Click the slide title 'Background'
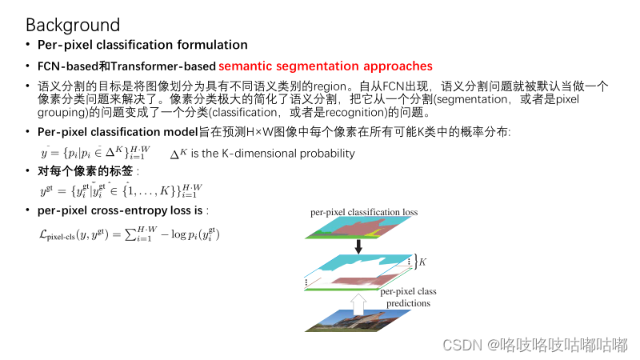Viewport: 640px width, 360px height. click(x=73, y=26)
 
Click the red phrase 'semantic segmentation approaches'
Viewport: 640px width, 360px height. click(x=325, y=66)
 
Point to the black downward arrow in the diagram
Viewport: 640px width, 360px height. click(x=358, y=246)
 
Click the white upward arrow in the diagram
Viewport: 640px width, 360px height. click(x=358, y=300)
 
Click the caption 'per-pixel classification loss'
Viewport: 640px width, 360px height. click(x=364, y=213)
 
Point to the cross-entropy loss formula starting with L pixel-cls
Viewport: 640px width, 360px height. click(x=130, y=234)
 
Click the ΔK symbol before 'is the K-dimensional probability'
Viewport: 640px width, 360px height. click(x=178, y=153)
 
